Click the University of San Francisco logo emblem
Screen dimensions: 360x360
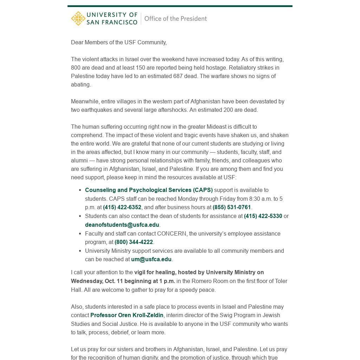tap(78, 19)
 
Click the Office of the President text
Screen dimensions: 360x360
tap(175, 19)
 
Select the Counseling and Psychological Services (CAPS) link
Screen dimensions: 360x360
tap(149, 190)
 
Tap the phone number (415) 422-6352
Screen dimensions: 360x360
tap(122, 207)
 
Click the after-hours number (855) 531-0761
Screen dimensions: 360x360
tap(232, 207)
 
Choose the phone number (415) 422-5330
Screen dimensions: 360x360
tap(263, 216)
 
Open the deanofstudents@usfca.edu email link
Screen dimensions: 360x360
tap(122, 225)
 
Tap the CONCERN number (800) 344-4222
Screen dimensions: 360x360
tap(134, 242)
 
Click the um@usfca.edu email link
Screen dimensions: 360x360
tap(151, 259)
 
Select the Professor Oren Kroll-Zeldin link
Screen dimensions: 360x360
tap(127, 315)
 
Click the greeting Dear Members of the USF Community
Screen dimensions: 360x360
tap(119, 43)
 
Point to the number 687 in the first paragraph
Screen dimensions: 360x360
tap(178, 76)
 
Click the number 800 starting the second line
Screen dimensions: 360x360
tap(76, 68)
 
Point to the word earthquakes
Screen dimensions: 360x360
tap(95, 110)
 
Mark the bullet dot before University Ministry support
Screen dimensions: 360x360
tap(81, 251)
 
